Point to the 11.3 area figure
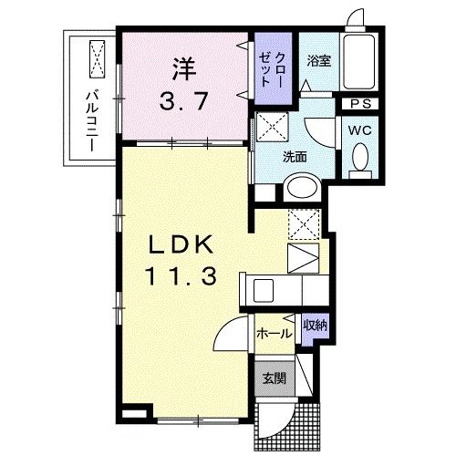coord(181,275)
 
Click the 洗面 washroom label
coord(294,155)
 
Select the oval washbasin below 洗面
coord(300,188)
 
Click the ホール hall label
coord(275,334)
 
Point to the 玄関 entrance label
coord(275,378)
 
